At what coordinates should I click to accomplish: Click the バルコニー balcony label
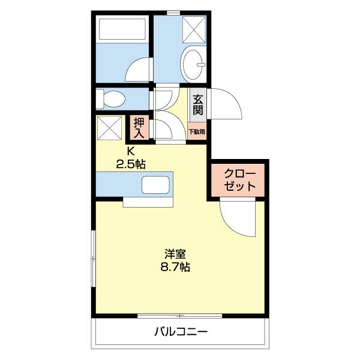point(181,331)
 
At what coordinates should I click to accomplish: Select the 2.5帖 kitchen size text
point(131,163)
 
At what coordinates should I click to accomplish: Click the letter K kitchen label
point(130,151)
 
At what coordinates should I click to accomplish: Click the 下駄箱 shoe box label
point(197,131)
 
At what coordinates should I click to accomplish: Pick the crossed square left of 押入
point(109,127)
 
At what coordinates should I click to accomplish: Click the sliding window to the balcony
point(179,315)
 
